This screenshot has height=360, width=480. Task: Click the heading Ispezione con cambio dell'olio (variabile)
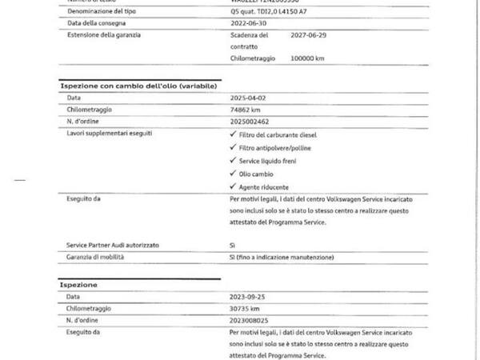click(x=139, y=84)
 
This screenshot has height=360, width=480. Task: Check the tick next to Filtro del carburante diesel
click(x=231, y=134)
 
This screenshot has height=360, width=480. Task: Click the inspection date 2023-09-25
click(x=246, y=297)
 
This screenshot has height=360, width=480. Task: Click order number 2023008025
click(x=249, y=320)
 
